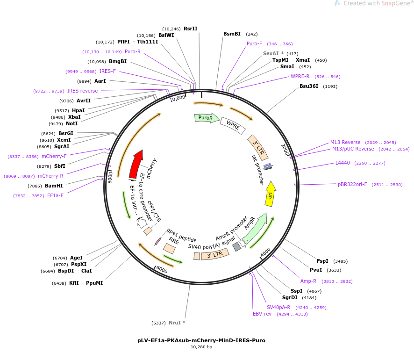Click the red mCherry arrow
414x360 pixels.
coord(136,164)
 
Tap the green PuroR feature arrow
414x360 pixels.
coord(207,118)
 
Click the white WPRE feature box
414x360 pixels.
coord(233,125)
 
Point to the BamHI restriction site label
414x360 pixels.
coord(54,186)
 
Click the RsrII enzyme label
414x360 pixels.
coord(190,29)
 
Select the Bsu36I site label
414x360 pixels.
coord(309,86)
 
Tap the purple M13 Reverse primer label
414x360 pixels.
coord(345,142)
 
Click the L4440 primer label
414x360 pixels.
coord(343,163)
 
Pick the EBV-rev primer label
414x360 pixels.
coord(262,314)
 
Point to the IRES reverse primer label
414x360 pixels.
coord(82,91)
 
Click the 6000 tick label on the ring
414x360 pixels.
coord(162,270)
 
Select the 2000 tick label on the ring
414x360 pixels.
coord(285,150)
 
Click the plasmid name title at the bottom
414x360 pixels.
coord(201,340)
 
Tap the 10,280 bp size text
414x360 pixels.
coord(201,347)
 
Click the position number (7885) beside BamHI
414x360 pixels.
coord(35,186)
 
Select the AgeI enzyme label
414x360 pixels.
coord(76,258)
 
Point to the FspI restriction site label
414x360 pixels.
coord(322,261)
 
